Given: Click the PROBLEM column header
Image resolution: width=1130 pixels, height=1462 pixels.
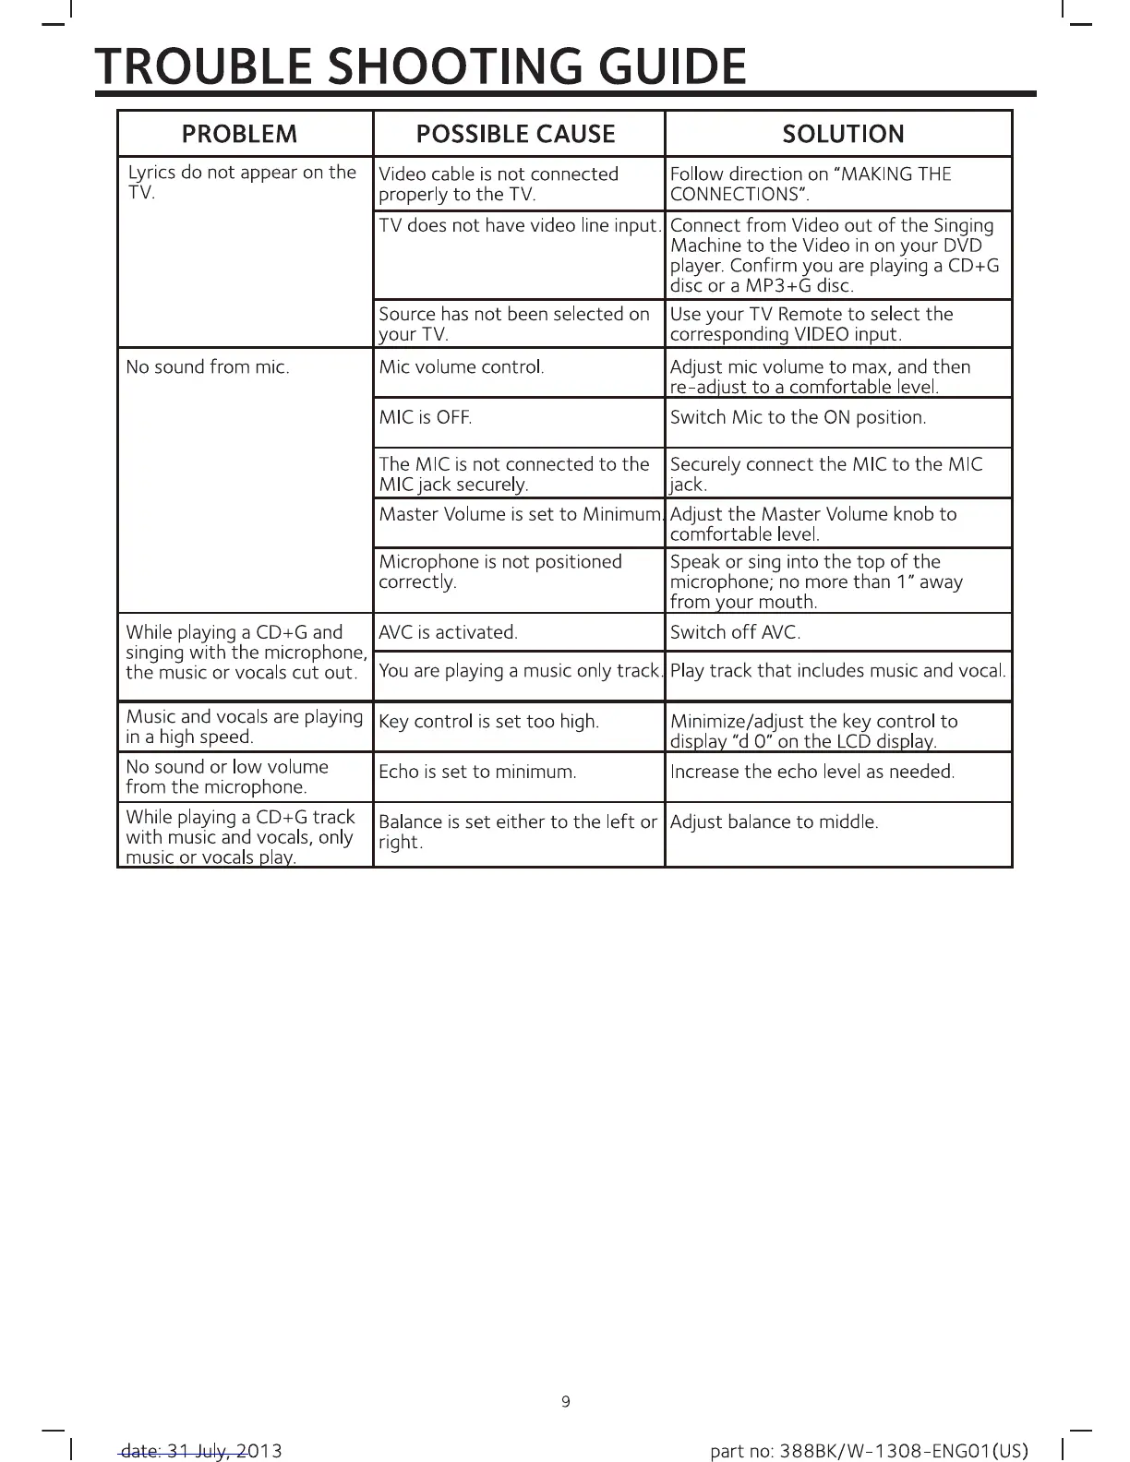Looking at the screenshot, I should (240, 134).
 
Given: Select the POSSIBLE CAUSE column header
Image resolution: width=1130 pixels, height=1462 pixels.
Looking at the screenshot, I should (515, 134).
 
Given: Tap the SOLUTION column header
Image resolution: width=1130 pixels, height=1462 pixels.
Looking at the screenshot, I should (842, 134).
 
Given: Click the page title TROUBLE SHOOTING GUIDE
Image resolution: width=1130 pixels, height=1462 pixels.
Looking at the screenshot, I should (421, 66).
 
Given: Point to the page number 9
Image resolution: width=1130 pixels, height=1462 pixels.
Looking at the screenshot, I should (566, 1402).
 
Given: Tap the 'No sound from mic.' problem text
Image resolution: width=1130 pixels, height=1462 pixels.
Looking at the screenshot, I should (208, 367).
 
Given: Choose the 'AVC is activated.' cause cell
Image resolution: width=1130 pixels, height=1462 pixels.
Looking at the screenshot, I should (448, 632).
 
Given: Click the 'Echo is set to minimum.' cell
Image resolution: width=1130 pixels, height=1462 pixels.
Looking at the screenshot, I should (477, 772).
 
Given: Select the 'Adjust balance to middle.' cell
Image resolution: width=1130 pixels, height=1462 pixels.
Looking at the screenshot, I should (774, 821).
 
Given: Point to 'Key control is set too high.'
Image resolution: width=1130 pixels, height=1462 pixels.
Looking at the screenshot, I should (488, 722).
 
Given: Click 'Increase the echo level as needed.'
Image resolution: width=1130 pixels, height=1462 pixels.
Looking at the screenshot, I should (811, 772).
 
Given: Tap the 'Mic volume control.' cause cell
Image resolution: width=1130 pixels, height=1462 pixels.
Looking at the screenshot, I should (462, 367).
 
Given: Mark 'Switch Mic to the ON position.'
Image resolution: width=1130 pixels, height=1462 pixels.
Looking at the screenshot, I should (798, 417).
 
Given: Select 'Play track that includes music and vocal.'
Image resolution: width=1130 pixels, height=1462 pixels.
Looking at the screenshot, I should (837, 671).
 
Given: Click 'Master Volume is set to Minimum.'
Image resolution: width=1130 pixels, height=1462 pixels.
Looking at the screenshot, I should (520, 514).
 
